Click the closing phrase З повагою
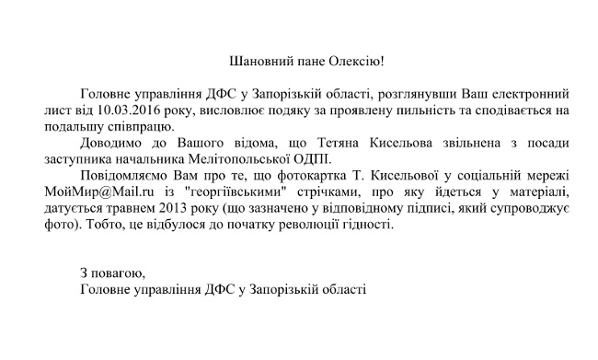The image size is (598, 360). pyautogui.click(x=112, y=273)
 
